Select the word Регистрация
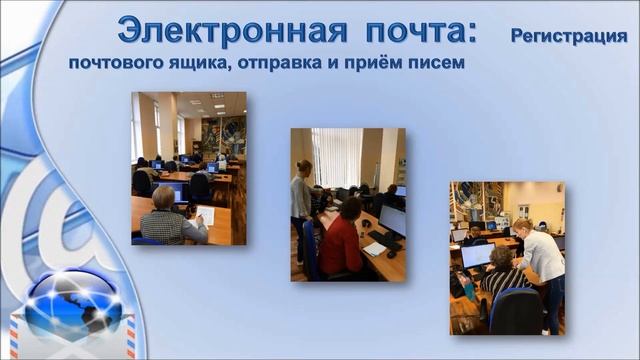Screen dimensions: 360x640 pyautogui.click(x=568, y=37)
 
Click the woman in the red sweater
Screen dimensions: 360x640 pyautogui.click(x=343, y=240)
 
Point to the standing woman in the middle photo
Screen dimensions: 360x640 pyautogui.click(x=302, y=205)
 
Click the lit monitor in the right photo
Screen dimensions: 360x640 pyautogui.click(x=476, y=256)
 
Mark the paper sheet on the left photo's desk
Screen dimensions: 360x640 pyautogui.click(x=206, y=214)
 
